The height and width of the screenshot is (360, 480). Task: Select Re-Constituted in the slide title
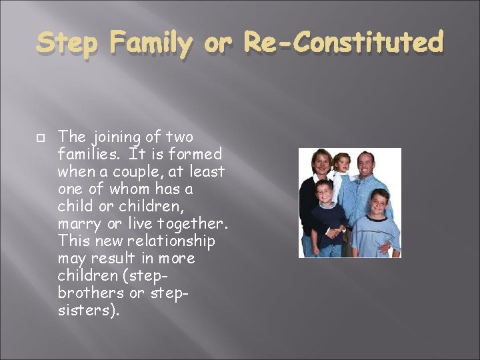click(343, 43)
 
